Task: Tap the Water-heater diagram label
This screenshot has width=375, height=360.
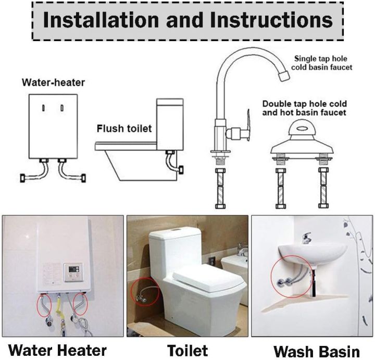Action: [x=53, y=82]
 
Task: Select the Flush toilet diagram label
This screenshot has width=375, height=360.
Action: [x=124, y=128]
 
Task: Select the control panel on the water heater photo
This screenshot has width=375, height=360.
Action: [x=72, y=271]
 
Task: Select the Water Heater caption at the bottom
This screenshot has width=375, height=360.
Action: [x=58, y=350]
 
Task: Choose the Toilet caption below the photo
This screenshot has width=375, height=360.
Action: [x=187, y=350]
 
